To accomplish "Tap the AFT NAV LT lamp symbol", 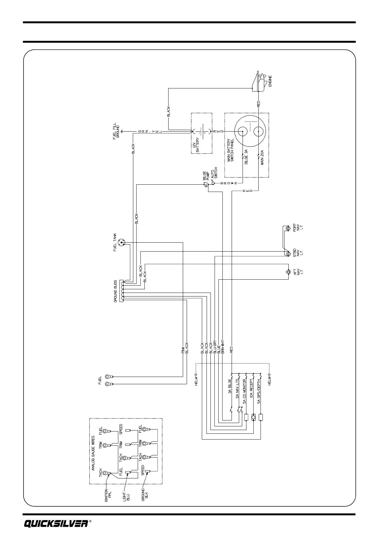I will point(288,272).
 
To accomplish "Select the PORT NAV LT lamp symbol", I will point(288,229).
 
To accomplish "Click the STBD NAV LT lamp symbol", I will point(288,254).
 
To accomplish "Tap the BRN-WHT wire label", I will point(223,346).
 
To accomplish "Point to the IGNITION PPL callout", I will point(108,504).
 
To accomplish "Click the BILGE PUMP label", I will point(206,176).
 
